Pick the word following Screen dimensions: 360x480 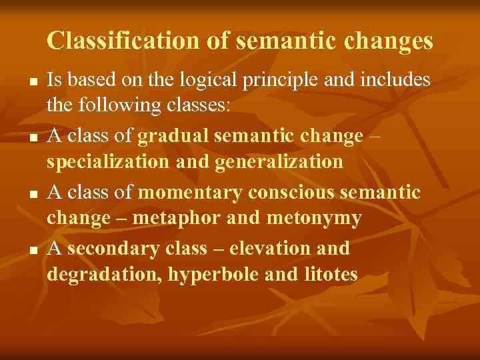(x=118, y=105)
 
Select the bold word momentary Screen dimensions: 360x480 (x=191, y=193)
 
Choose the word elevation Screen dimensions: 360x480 (x=264, y=249)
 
